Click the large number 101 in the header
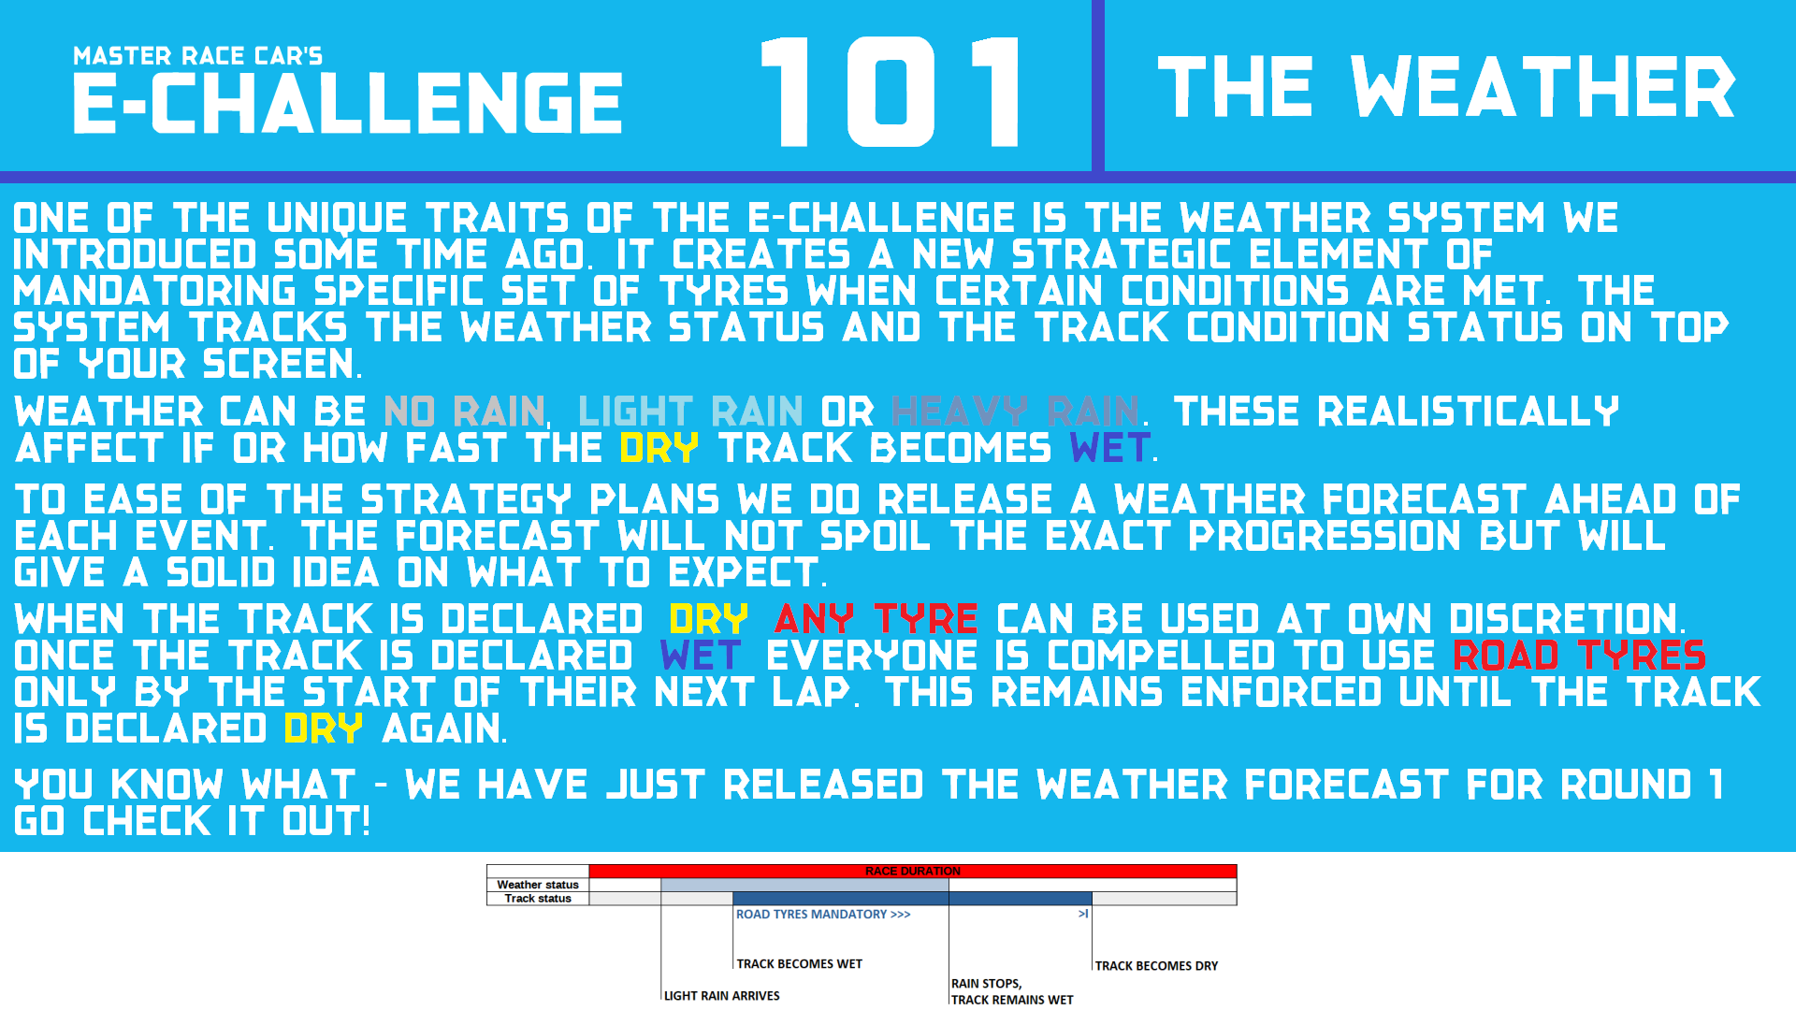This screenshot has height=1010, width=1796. [x=891, y=92]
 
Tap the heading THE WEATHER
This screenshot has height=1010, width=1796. [x=1446, y=87]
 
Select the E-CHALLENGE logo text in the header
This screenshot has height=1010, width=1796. [x=348, y=103]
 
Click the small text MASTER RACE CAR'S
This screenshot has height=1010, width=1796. [x=197, y=56]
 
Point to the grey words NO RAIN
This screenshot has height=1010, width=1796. [x=464, y=411]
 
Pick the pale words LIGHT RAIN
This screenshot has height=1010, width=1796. [x=690, y=411]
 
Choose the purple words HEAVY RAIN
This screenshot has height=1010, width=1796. [x=1016, y=411]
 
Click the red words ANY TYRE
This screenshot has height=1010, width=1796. [x=876, y=619]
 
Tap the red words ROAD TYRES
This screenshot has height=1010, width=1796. [x=1580, y=656]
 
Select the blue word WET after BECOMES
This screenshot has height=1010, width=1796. [x=1110, y=448]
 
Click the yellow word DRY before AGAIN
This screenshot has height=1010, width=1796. [x=323, y=729]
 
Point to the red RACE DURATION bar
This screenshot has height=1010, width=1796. [x=913, y=871]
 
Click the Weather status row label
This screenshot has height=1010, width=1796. [x=538, y=885]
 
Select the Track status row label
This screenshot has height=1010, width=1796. [x=538, y=899]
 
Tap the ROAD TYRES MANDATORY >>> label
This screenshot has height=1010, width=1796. [x=823, y=915]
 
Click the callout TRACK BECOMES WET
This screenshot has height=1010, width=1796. [x=800, y=964]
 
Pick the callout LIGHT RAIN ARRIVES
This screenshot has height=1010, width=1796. [x=722, y=996]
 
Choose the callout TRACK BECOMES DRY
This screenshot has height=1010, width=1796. [x=1157, y=966]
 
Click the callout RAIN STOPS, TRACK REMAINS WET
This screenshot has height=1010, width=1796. [x=1012, y=991]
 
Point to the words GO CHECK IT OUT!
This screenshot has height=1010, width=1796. [x=193, y=821]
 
